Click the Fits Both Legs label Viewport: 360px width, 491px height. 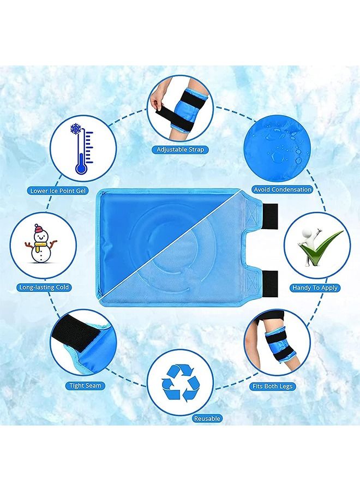pos(272,386)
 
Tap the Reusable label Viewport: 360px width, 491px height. pos(207,418)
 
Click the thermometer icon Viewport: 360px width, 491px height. pos(81,153)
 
